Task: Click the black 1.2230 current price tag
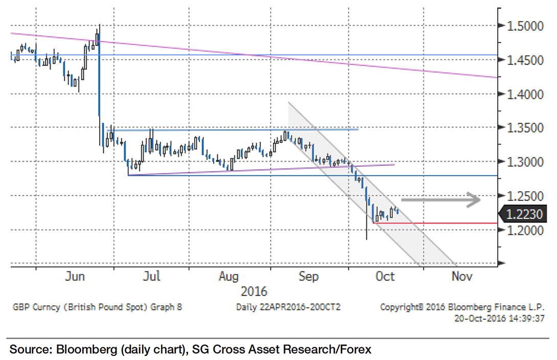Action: (526, 214)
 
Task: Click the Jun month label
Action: (75, 276)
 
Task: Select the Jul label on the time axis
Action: (152, 276)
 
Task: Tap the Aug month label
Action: (228, 276)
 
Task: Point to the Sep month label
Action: (308, 276)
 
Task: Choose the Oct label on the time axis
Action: (385, 276)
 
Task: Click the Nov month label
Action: (461, 276)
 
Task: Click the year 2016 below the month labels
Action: (254, 291)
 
